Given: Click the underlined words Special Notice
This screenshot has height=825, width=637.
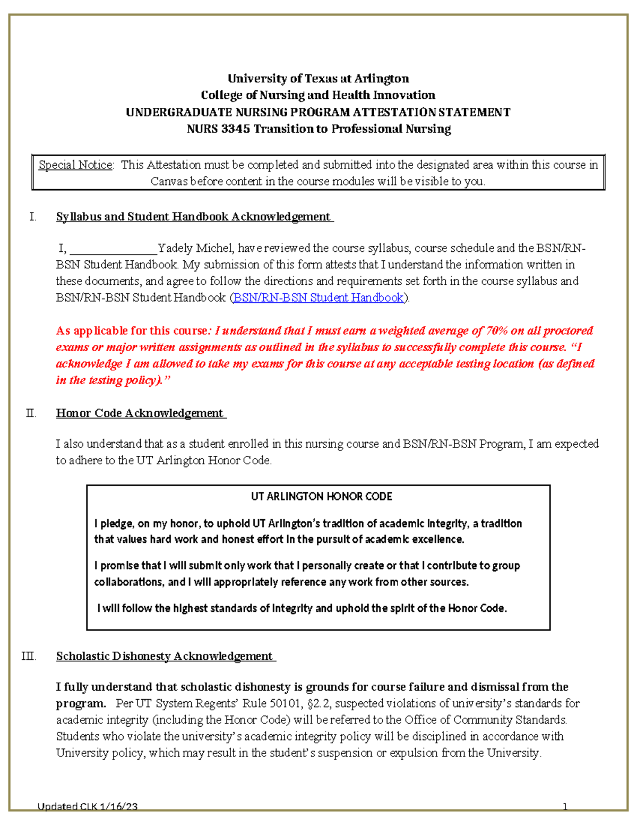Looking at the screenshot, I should pyautogui.click(x=75, y=165).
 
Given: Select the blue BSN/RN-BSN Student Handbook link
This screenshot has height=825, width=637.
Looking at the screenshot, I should pyautogui.click(x=318, y=298).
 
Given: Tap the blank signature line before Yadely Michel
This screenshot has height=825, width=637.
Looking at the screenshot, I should pyautogui.click(x=113, y=249).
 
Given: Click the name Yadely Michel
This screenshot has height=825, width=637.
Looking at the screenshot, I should pyautogui.click(x=195, y=249).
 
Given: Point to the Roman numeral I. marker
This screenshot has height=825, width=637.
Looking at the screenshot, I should pyautogui.click(x=33, y=217).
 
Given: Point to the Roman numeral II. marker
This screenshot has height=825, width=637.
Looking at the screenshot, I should pyautogui.click(x=31, y=413).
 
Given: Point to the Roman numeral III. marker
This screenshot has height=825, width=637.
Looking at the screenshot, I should pyautogui.click(x=29, y=657).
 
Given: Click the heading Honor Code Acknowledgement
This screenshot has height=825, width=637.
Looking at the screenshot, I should pyautogui.click(x=140, y=413).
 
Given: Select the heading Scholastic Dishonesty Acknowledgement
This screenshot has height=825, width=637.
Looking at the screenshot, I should pyautogui.click(x=165, y=657).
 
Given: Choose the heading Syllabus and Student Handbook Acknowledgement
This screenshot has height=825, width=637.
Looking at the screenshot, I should pyautogui.click(x=194, y=217).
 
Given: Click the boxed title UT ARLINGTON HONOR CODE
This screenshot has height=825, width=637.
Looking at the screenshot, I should pyautogui.click(x=321, y=497).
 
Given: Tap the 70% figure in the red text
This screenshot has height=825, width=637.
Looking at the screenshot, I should pyautogui.click(x=496, y=331).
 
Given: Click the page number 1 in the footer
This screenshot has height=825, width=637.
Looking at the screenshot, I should pyautogui.click(x=565, y=807).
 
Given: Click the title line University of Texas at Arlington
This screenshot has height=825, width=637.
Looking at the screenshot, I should pyautogui.click(x=318, y=79).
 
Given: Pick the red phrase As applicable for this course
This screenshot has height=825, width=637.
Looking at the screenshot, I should pyautogui.click(x=132, y=331).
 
